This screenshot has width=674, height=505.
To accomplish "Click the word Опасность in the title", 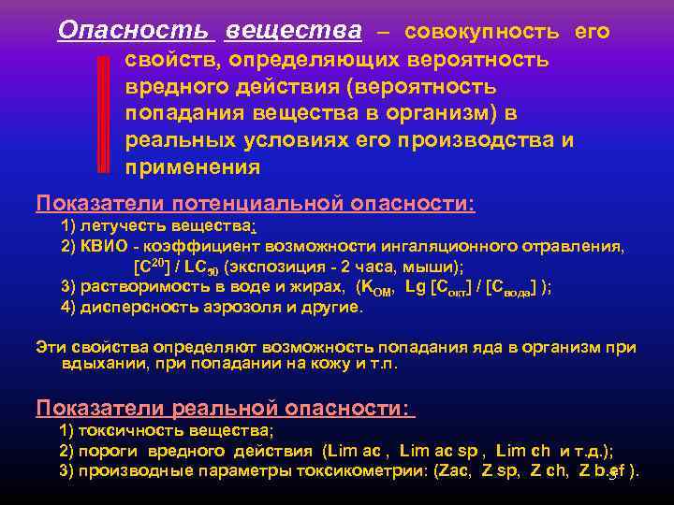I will (x=133, y=31).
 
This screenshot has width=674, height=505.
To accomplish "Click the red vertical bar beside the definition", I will (x=104, y=113).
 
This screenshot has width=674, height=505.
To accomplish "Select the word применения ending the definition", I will (x=193, y=168).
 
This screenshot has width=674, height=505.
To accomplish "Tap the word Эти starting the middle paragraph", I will (x=51, y=347).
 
